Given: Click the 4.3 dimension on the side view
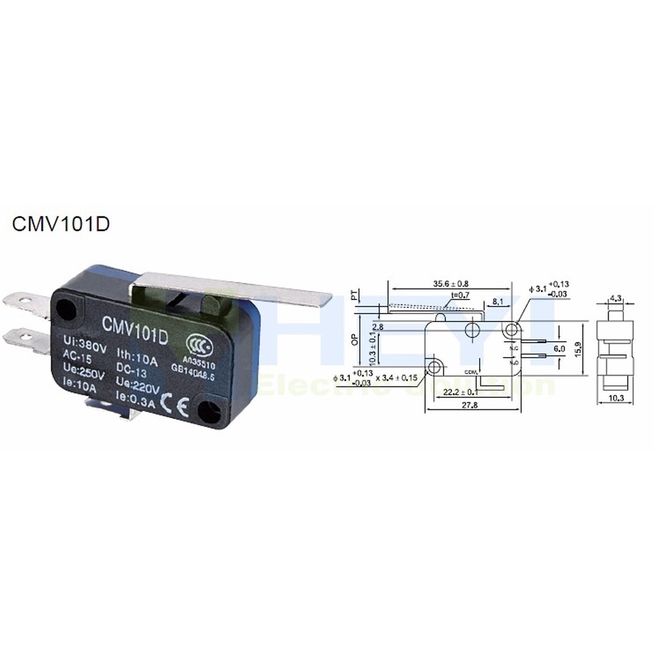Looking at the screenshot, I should click(616, 298).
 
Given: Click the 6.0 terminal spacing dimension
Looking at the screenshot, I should click(559, 350).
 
